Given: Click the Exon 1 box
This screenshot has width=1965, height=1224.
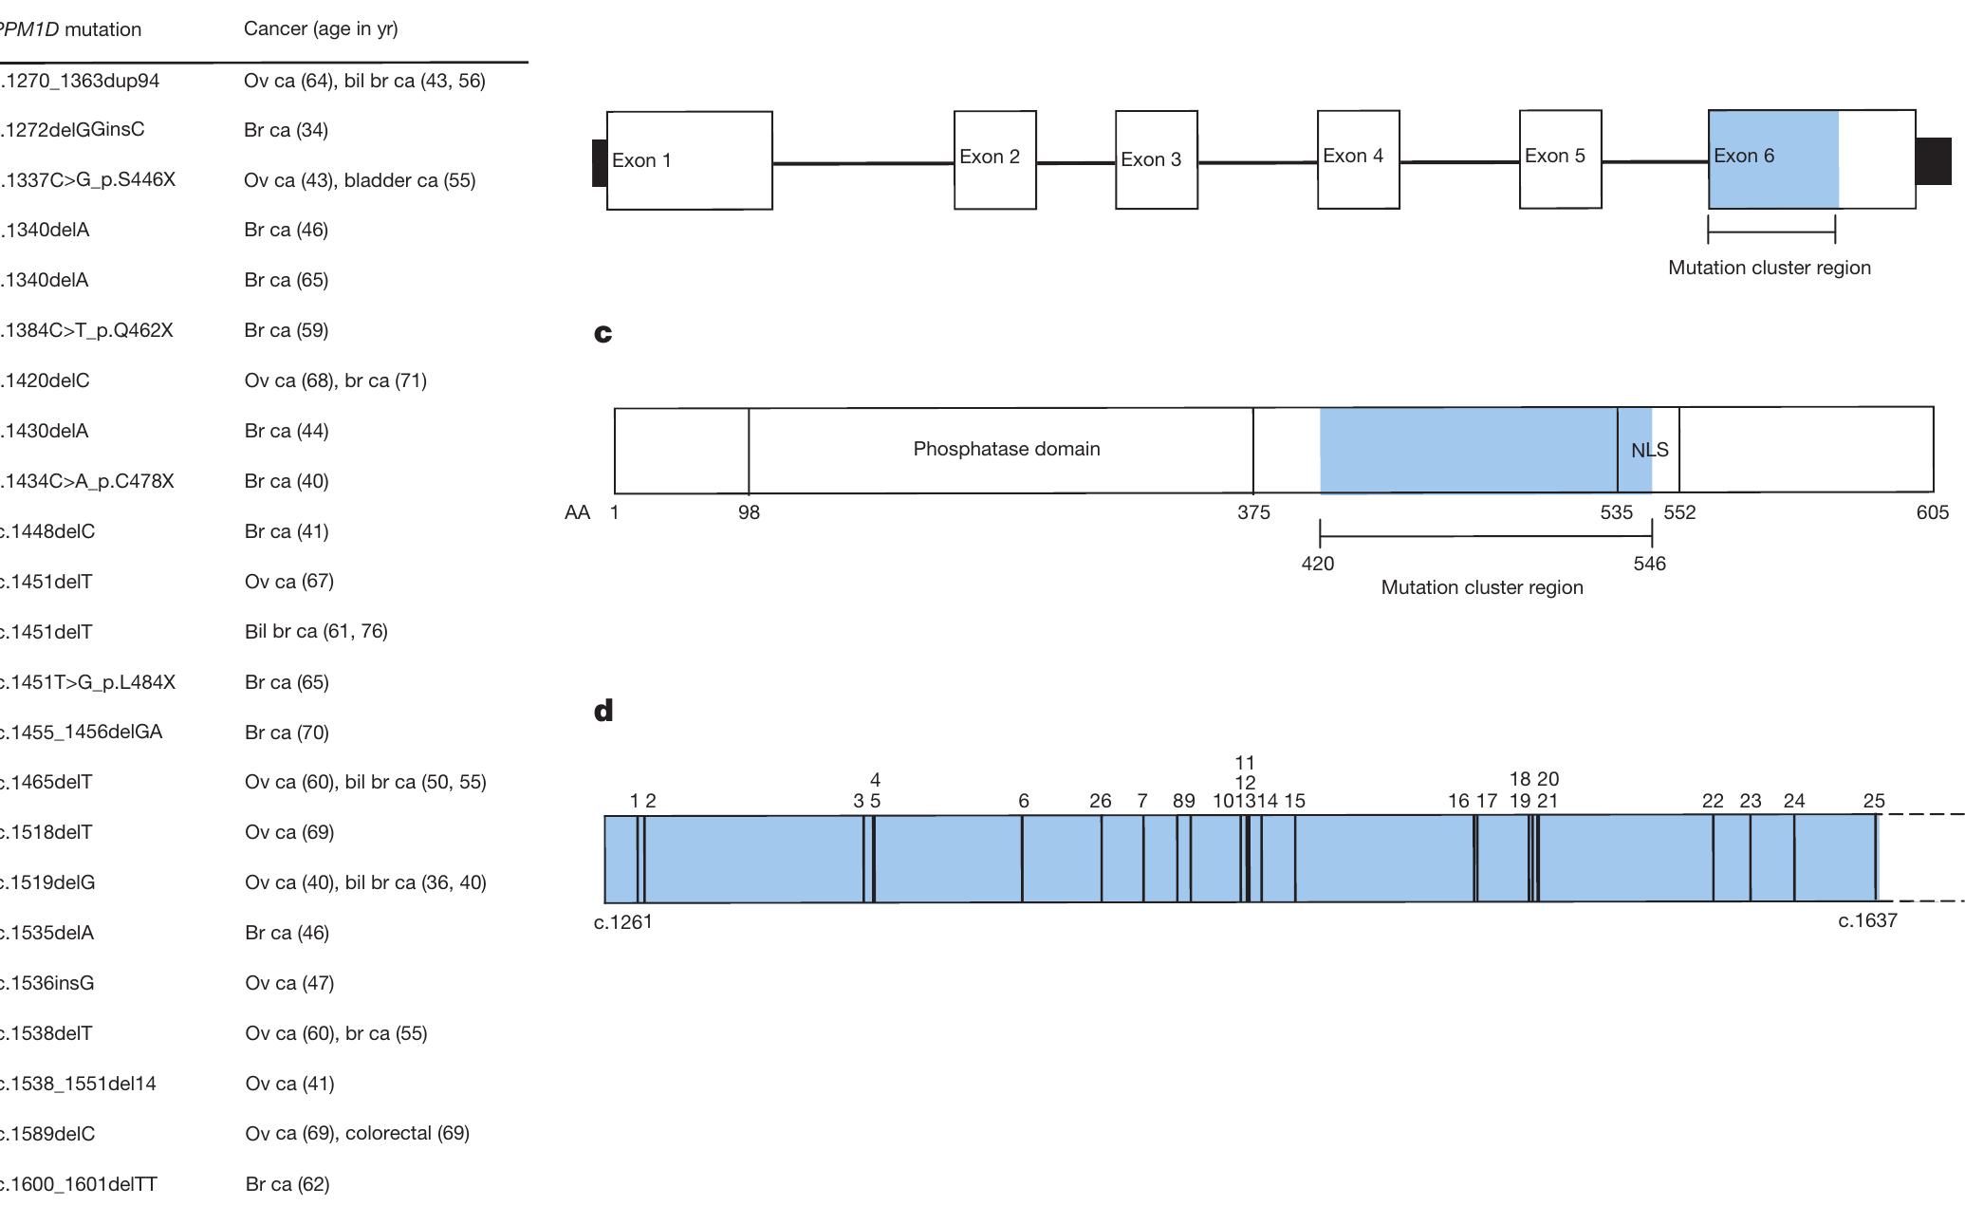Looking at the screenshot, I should [x=689, y=160].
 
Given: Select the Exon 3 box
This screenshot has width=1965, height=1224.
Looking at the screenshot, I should [x=1156, y=159].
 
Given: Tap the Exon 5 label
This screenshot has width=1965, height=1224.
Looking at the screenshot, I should [x=1554, y=156].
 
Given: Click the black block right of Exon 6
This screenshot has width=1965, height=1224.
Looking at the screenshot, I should [x=1933, y=160].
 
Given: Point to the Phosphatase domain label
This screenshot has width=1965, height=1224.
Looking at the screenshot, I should [x=1006, y=449].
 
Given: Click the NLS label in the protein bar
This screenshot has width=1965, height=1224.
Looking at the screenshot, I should [x=1649, y=451].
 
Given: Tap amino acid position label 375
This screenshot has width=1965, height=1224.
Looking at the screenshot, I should [x=1252, y=513].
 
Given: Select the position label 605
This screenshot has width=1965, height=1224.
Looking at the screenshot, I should [x=1932, y=513].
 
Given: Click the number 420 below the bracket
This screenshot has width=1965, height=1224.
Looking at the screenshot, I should [x=1317, y=564].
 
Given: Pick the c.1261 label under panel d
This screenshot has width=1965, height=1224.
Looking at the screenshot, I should [x=622, y=922].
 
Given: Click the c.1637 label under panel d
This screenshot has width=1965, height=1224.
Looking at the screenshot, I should [x=1866, y=920].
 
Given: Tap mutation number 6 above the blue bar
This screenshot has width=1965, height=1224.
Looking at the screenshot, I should [x=1023, y=801].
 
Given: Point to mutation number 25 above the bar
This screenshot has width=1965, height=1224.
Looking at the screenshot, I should [x=1873, y=801].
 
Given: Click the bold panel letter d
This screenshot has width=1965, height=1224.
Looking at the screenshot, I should [x=603, y=711].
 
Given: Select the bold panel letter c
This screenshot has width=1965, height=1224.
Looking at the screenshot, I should [x=602, y=333].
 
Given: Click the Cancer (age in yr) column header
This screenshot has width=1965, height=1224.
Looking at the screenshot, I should [x=321, y=28].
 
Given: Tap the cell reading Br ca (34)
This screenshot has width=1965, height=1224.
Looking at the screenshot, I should [x=286, y=130].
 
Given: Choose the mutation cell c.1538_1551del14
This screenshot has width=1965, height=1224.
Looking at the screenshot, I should [x=78, y=1084].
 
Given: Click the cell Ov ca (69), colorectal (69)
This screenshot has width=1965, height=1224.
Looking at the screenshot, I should [x=357, y=1133].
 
